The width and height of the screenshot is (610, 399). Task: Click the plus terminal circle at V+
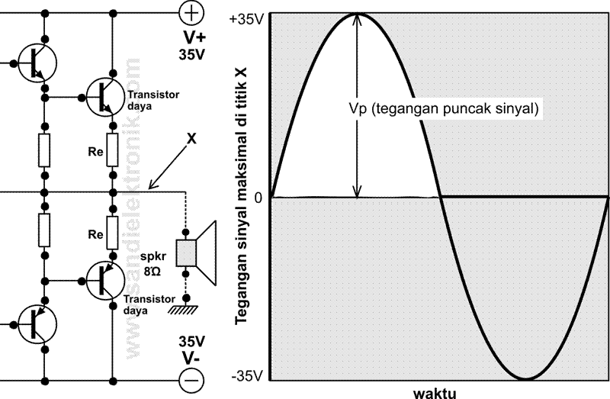click(191, 12)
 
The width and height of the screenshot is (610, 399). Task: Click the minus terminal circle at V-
click(191, 378)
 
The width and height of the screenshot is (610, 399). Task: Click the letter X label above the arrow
click(191, 140)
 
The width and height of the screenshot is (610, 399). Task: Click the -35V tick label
click(246, 376)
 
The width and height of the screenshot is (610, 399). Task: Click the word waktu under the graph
click(435, 393)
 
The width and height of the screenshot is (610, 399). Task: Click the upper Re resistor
click(113, 150)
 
